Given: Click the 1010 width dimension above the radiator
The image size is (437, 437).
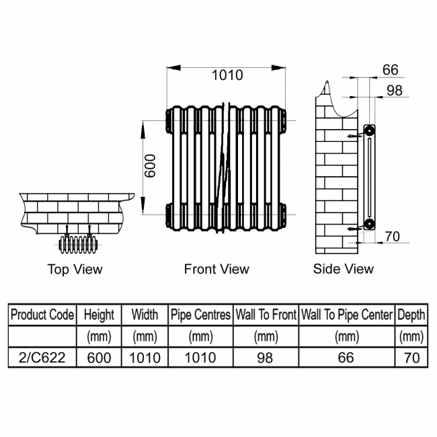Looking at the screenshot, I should (227, 76).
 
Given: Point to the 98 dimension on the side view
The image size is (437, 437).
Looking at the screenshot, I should (395, 91).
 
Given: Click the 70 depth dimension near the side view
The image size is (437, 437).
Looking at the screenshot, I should (392, 236).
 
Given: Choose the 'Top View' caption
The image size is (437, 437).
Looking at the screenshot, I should (75, 270).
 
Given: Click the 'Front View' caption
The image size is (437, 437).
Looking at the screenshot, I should (216, 270).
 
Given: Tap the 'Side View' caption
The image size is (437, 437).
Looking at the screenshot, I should (343, 270).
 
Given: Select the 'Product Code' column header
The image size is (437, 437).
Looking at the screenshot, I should (42, 315).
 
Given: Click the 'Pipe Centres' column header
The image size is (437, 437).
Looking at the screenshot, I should (200, 315).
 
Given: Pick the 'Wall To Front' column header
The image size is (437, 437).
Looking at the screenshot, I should (266, 315).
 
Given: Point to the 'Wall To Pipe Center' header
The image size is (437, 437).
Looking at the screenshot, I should (346, 315).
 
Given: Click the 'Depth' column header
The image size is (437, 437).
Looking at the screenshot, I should (411, 315).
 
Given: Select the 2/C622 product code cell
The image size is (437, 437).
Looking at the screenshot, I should (42, 358).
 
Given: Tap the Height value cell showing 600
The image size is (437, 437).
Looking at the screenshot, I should (99, 358).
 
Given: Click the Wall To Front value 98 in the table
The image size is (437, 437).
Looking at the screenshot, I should (266, 358).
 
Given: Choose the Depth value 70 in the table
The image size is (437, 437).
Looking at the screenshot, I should (411, 358).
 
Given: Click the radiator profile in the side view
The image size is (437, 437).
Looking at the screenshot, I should (369, 176).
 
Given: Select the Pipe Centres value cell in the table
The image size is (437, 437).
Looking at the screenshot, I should (200, 358).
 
